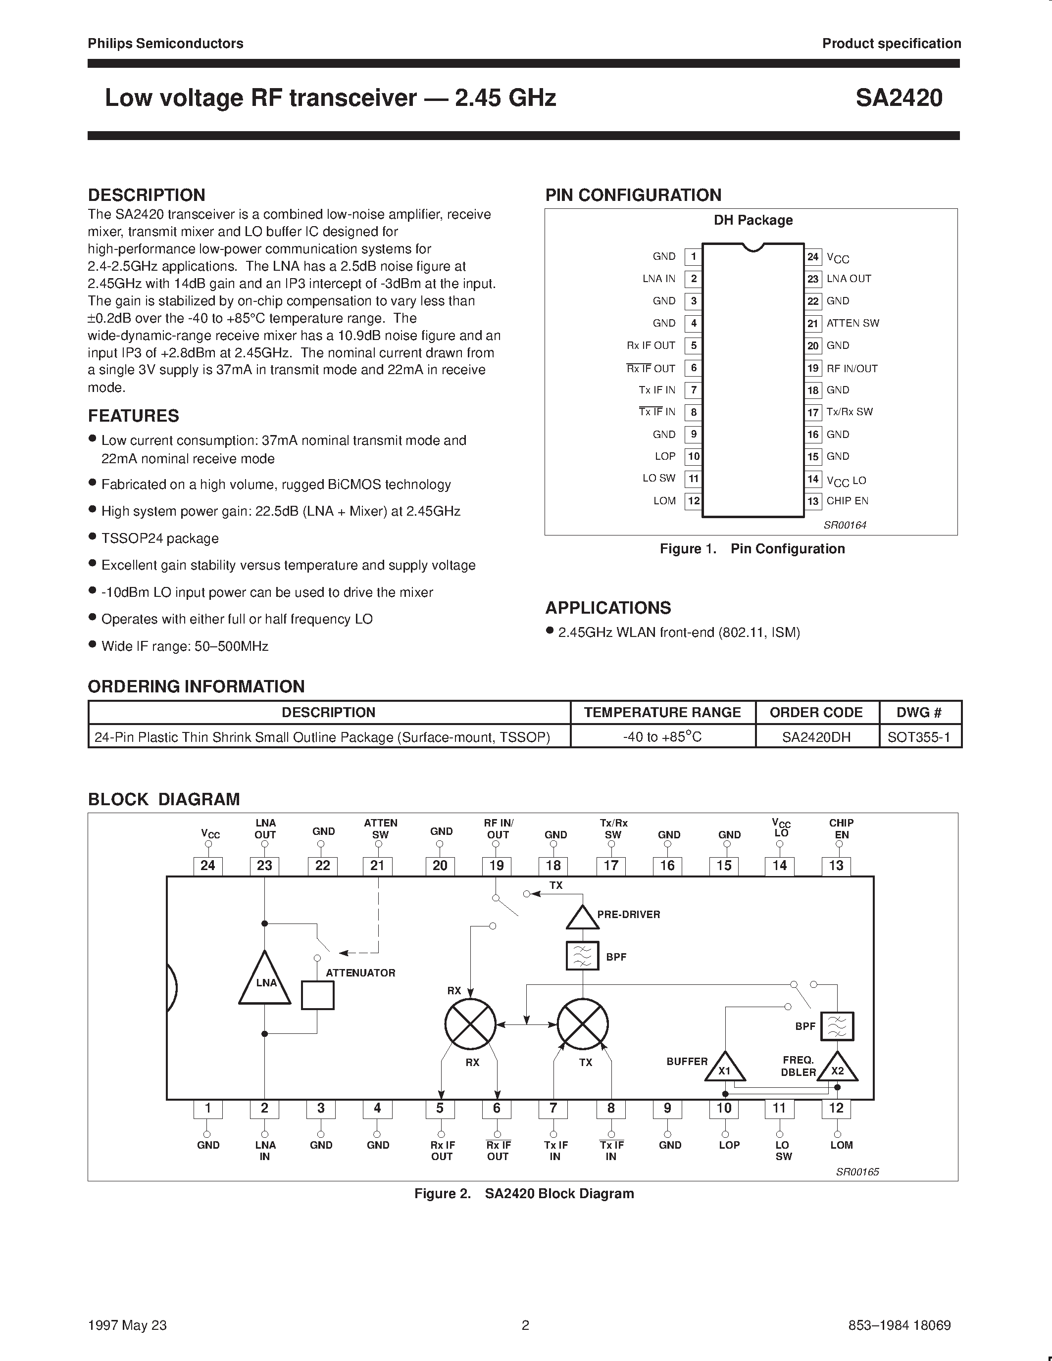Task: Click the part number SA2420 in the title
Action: tap(898, 98)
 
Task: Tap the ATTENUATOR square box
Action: tap(317, 995)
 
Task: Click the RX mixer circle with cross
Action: tap(470, 1023)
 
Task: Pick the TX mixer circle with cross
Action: tap(582, 1023)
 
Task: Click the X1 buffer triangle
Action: tap(725, 1068)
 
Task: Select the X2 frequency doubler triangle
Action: tap(837, 1068)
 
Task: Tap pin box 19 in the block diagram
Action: tap(496, 866)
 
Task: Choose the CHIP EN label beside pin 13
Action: tap(847, 501)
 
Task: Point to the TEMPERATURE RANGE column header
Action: tap(662, 712)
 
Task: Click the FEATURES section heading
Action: tap(133, 416)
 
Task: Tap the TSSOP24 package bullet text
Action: tap(159, 538)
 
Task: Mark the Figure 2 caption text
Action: tap(524, 1193)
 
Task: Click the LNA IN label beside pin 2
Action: tap(659, 279)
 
